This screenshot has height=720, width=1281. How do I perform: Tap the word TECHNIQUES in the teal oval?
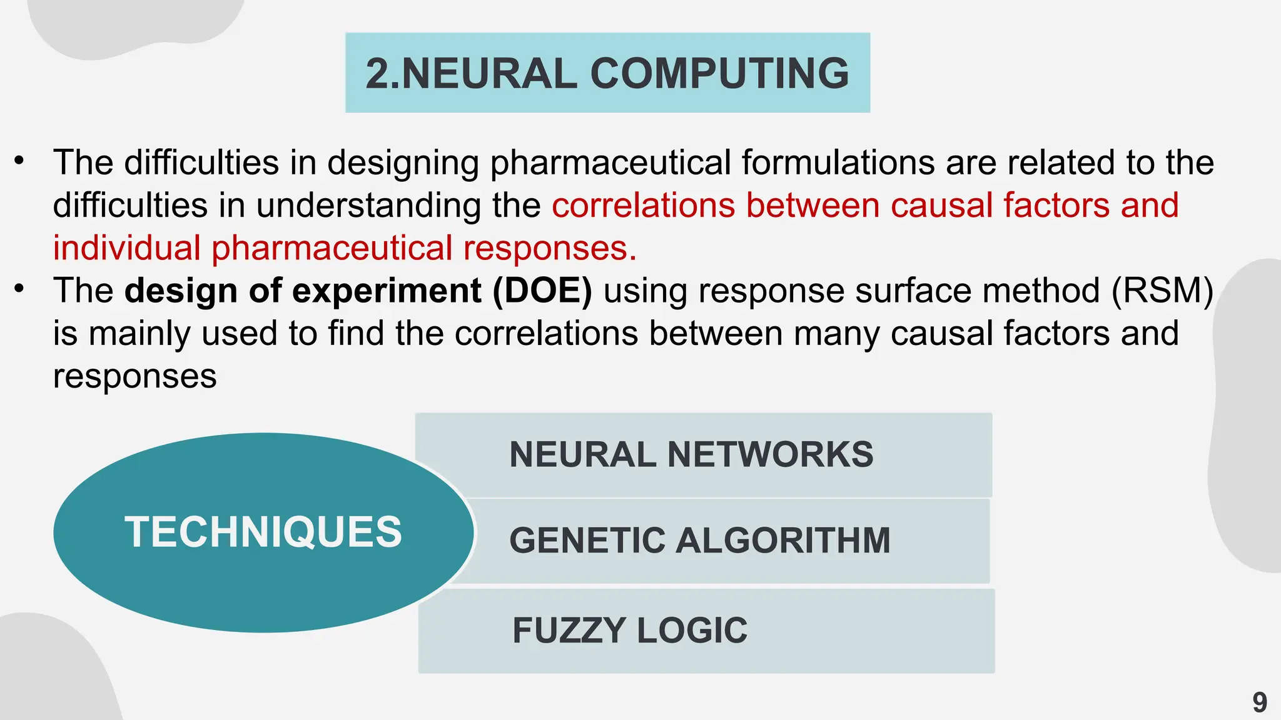[x=263, y=532]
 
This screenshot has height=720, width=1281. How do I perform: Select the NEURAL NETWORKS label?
[x=691, y=454]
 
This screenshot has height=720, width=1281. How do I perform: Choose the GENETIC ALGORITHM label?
[x=700, y=541]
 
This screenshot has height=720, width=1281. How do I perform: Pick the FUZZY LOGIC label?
[x=630, y=631]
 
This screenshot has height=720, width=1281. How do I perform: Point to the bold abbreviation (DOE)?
[x=542, y=291]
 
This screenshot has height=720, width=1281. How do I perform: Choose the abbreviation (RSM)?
[x=1162, y=291]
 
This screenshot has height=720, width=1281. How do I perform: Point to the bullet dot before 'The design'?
[x=20, y=289]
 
